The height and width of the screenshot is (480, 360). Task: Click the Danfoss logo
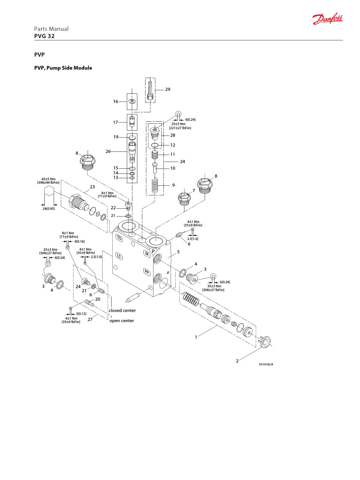[327, 19]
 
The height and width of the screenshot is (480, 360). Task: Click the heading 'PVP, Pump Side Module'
[63, 68]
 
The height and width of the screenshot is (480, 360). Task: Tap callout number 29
[168, 89]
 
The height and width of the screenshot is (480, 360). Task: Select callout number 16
[116, 102]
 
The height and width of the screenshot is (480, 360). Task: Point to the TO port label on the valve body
[119, 238]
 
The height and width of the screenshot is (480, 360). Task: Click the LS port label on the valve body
[119, 256]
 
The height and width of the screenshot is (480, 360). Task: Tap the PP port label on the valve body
[147, 272]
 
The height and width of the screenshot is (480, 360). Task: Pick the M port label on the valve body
[147, 253]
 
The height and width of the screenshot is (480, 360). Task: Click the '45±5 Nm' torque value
[48, 179]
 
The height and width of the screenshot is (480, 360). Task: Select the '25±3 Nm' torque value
[178, 124]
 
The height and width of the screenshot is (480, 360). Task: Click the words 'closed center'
[122, 310]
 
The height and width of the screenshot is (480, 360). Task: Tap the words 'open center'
[122, 321]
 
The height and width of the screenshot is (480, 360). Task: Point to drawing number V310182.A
[266, 364]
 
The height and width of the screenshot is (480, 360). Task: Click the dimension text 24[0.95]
[48, 209]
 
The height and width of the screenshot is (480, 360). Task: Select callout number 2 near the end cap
[237, 361]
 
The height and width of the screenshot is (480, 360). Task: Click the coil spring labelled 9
[155, 185]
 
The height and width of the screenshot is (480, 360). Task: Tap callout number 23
[92, 187]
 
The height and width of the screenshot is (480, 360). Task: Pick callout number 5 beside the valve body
[178, 252]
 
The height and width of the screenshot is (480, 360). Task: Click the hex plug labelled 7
[184, 199]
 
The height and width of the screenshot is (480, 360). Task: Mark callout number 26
[108, 151]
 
